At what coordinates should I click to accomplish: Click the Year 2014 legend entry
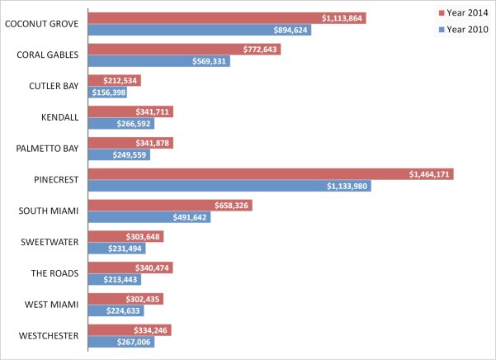click(462, 13)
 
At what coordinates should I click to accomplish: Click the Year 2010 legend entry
click(462, 30)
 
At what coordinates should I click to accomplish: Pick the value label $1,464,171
click(429, 174)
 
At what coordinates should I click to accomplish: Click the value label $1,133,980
click(347, 187)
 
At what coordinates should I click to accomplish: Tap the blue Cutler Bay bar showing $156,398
click(107, 92)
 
